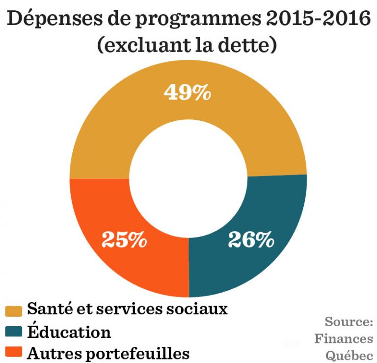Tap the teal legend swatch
point(14,333)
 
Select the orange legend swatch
point(14,353)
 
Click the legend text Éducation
point(69,332)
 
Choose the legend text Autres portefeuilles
point(108,353)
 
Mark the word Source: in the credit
point(349,322)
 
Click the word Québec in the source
point(349,355)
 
